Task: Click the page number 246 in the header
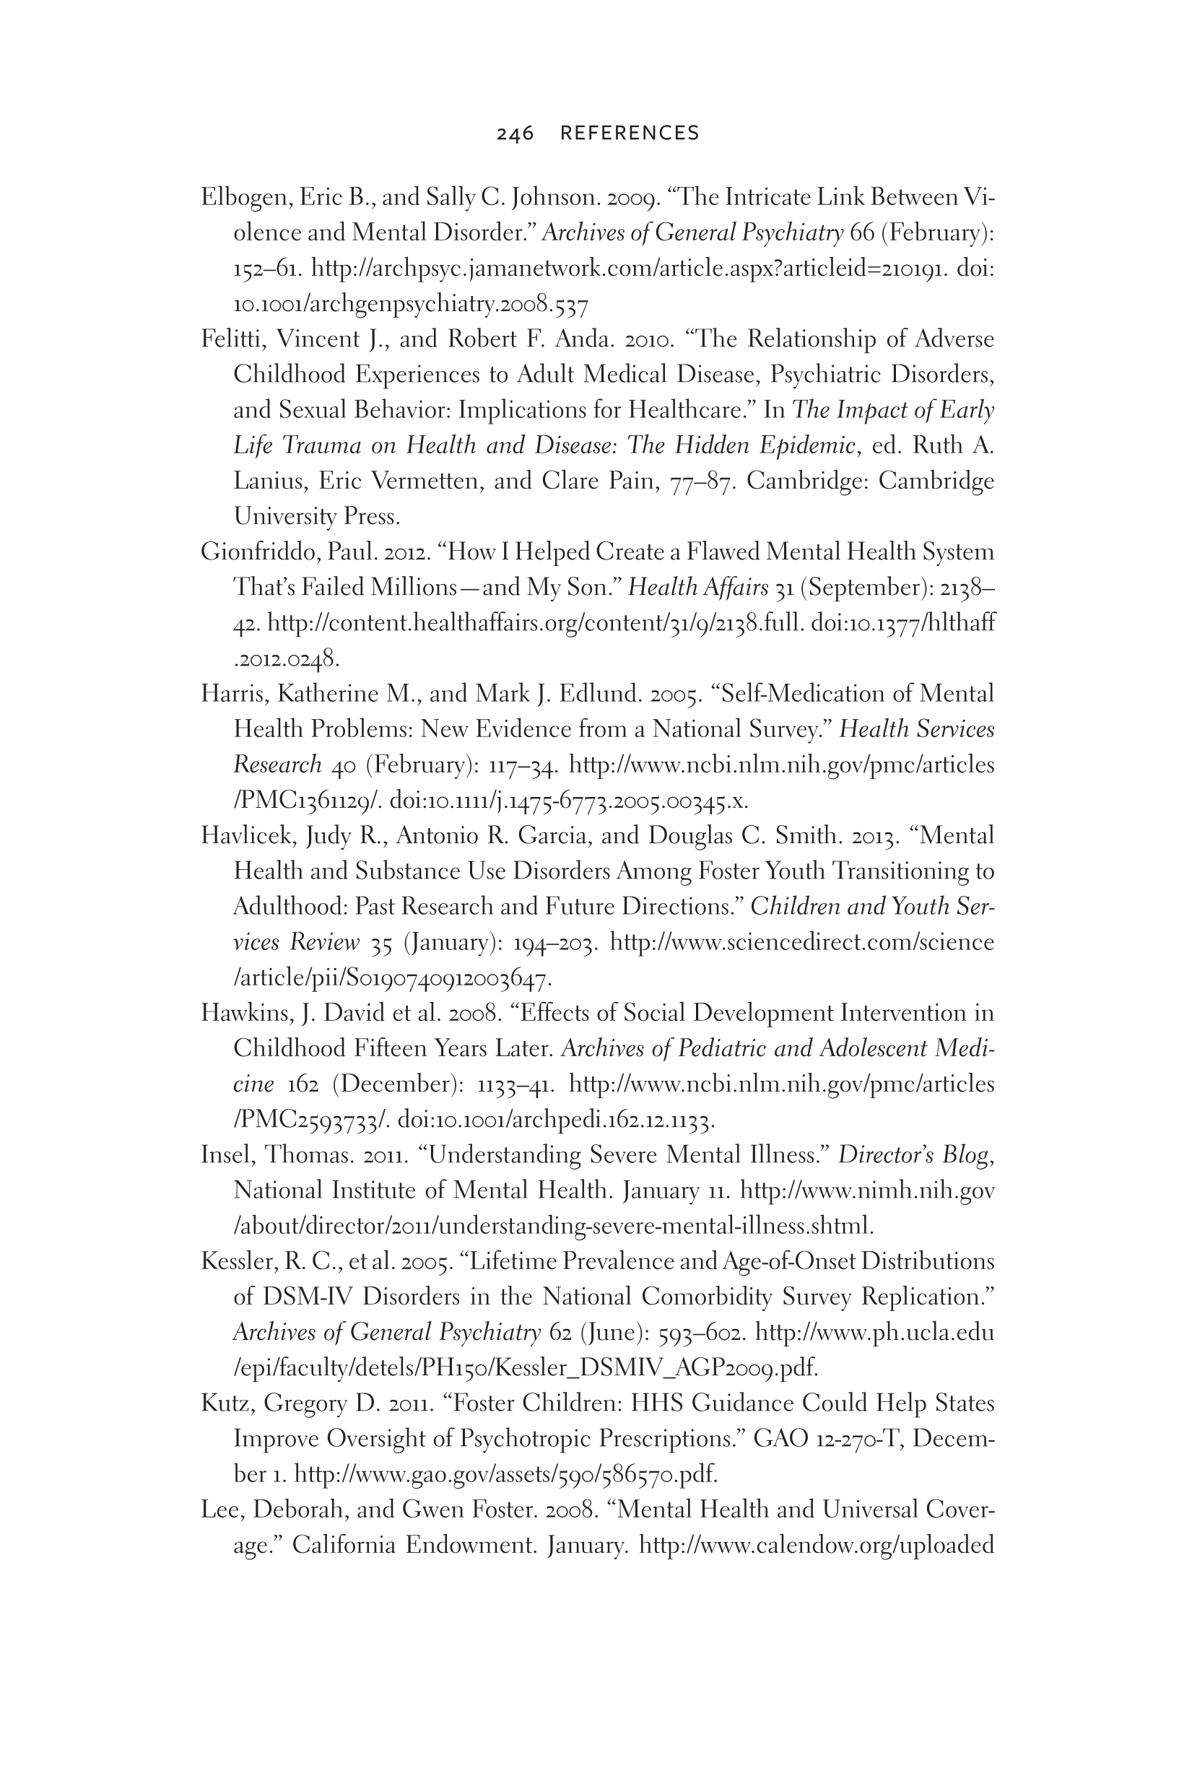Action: (515, 134)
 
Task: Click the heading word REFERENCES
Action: (630, 134)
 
